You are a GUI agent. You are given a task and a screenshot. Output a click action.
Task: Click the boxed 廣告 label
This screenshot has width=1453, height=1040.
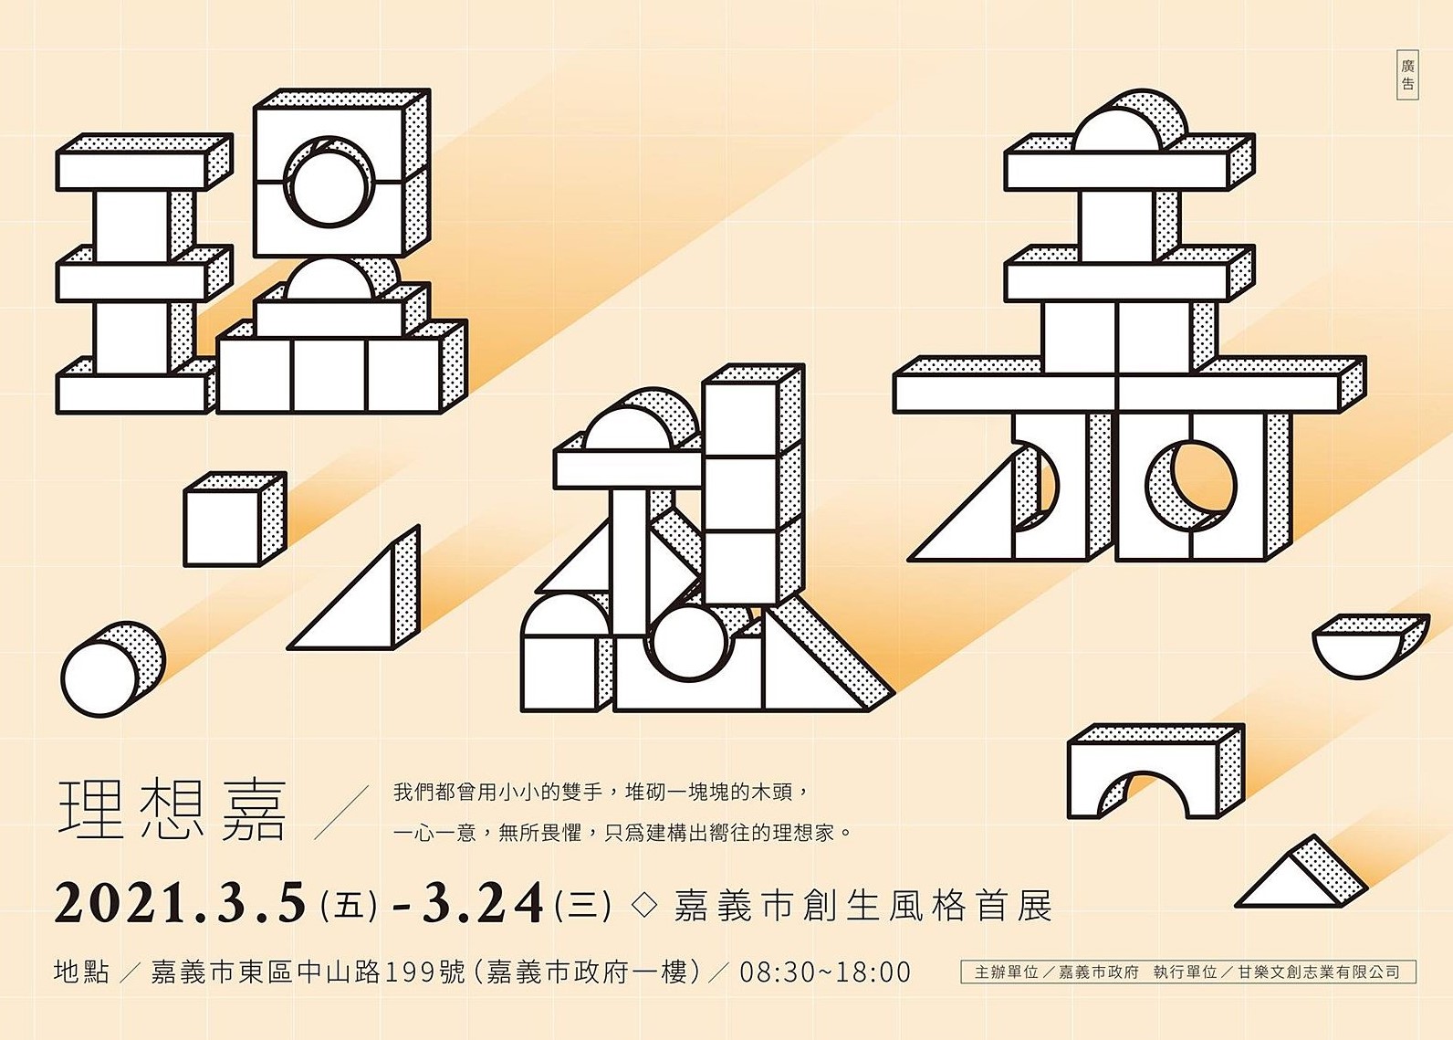tap(1407, 75)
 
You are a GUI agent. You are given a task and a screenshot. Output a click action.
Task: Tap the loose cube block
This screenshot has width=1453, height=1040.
tap(235, 519)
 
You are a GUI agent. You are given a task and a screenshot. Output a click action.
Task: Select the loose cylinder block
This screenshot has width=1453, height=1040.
tap(113, 669)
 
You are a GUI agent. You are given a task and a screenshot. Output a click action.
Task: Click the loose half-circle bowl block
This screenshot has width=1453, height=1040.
tap(1371, 646)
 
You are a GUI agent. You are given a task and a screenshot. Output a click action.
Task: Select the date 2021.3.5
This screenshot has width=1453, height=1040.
tap(180, 902)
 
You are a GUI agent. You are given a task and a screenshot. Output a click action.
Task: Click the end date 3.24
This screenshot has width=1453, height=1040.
tap(483, 902)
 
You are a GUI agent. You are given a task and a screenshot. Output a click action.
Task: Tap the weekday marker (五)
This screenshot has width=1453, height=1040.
tap(349, 904)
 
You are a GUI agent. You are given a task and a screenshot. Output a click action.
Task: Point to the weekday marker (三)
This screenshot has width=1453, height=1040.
tap(583, 904)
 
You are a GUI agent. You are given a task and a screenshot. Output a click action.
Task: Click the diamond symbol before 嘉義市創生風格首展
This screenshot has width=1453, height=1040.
tap(644, 905)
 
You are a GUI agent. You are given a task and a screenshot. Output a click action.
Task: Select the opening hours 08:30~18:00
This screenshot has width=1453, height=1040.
tap(825, 972)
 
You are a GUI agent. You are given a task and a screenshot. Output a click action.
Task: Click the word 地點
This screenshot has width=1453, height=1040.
tap(81, 972)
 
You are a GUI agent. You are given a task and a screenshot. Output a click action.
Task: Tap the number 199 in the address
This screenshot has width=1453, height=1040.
tap(412, 972)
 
